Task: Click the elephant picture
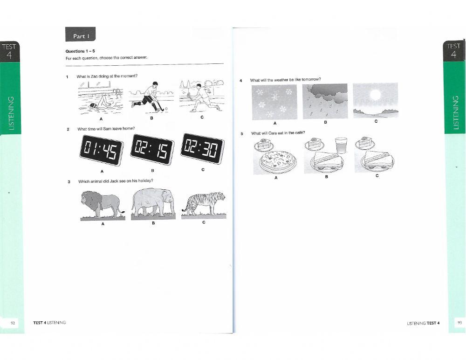pyautogui.click(x=153, y=203)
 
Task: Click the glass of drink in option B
pyautogui.click(x=341, y=145)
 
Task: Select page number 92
pyautogui.click(x=12, y=322)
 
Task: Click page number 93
pyautogui.click(x=459, y=322)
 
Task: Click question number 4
pyautogui.click(x=241, y=80)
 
